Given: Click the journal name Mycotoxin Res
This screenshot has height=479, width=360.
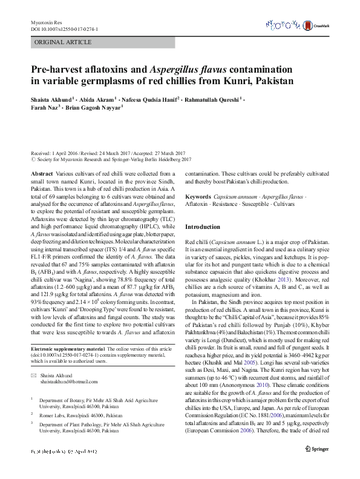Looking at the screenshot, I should (46, 22).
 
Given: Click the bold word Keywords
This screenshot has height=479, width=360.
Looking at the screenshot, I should (198, 197).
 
